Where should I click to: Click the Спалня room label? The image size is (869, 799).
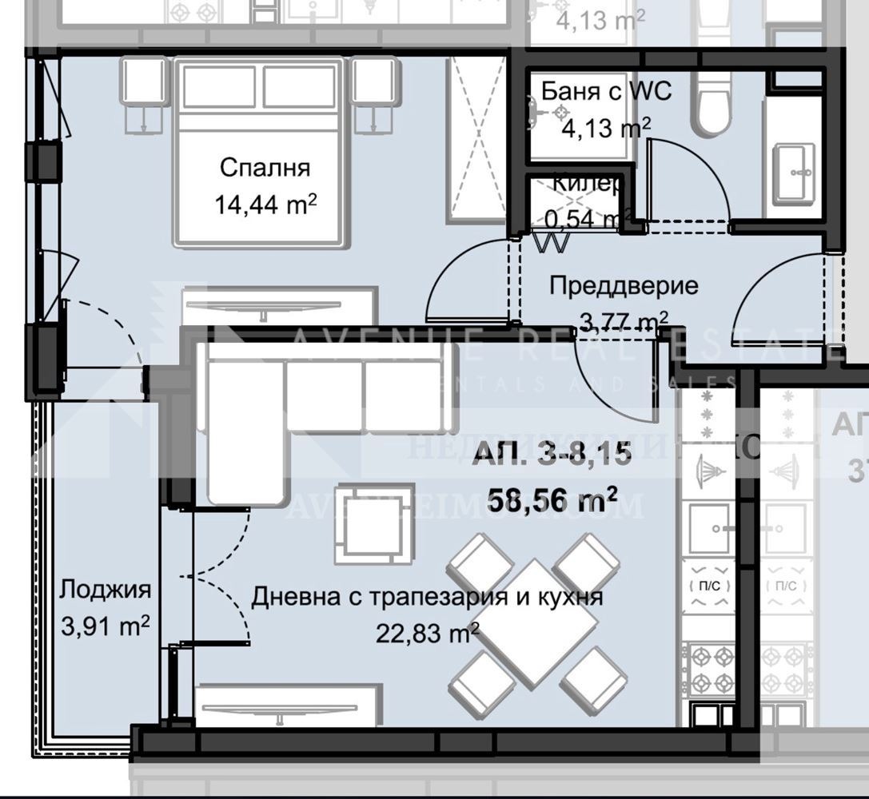click(265, 169)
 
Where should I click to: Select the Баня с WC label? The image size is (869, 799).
click(595, 91)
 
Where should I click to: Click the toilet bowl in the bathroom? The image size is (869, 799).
click(713, 104)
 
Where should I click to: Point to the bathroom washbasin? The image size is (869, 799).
click(795, 170)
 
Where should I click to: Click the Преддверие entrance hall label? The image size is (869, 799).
click(613, 285)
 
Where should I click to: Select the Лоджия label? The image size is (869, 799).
click(105, 590)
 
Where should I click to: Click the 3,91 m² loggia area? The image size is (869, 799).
click(105, 626)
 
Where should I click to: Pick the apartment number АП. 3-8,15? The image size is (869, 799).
click(552, 455)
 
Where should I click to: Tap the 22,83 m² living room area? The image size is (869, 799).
click(427, 634)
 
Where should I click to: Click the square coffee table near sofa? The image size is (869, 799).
click(369, 524)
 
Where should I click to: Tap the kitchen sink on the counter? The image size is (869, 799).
click(710, 528)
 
